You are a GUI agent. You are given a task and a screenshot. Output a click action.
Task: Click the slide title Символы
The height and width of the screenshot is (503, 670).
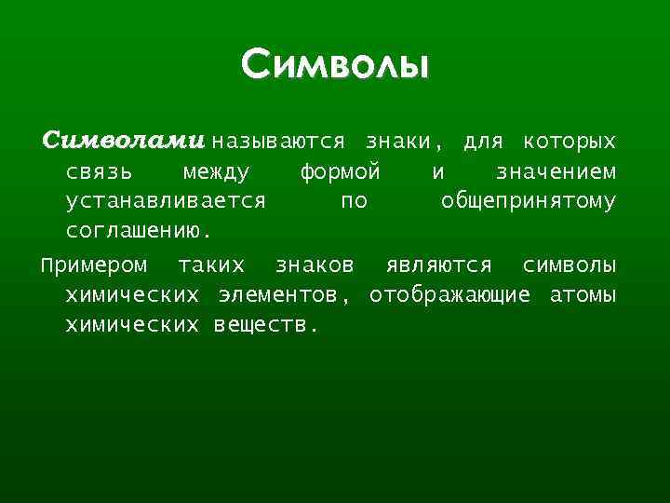[x=335, y=66]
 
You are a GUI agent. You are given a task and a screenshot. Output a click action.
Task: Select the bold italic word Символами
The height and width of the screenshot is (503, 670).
[x=123, y=143]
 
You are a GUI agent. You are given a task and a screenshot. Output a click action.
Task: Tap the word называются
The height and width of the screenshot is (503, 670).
[x=278, y=143]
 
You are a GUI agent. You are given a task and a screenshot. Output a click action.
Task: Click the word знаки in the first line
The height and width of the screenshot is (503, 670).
[x=398, y=143]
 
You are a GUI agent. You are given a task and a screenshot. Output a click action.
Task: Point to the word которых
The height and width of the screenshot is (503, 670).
[x=569, y=143]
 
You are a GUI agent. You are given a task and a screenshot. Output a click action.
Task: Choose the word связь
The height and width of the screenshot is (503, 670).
[x=99, y=172]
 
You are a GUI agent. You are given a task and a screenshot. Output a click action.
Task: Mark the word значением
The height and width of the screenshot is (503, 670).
[x=556, y=172]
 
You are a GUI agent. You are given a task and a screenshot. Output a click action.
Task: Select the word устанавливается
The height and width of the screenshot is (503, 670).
[x=166, y=201]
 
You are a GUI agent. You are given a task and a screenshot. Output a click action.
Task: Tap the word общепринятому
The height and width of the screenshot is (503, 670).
[x=528, y=201]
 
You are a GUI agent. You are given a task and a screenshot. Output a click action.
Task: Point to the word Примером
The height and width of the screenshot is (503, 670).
[x=94, y=265]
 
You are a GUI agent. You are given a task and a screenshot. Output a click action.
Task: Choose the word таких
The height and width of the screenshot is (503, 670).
[x=211, y=265]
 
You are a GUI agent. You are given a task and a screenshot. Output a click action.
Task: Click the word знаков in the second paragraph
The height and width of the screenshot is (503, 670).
[x=315, y=265]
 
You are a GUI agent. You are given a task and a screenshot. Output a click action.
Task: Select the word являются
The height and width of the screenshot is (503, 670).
[x=438, y=265]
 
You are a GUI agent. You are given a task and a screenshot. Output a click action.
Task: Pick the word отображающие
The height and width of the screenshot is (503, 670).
[x=450, y=296]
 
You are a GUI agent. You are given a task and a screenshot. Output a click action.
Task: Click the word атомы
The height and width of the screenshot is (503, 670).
[x=583, y=296]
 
